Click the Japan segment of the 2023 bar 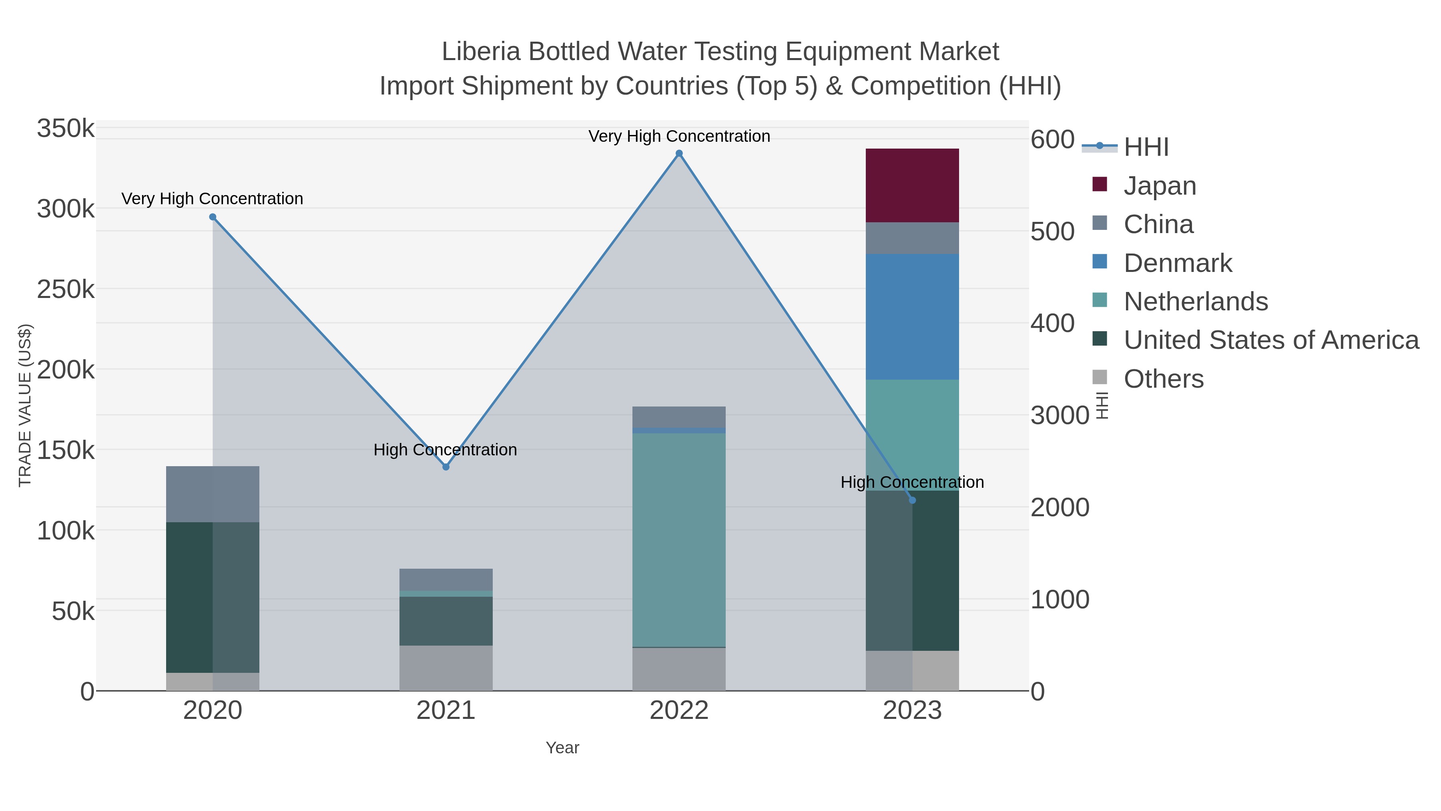(x=912, y=185)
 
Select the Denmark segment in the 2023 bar (x=912, y=317)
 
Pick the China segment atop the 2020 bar (x=213, y=494)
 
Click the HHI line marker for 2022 (x=679, y=153)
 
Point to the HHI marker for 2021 (x=446, y=467)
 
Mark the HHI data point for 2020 (x=213, y=217)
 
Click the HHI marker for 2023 (x=912, y=500)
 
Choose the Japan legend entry (x=1160, y=186)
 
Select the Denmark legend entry (x=1178, y=263)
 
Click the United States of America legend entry (x=1271, y=340)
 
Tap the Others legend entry (x=1164, y=379)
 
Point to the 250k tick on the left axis (x=66, y=290)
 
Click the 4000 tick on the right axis (x=1052, y=324)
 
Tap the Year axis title (x=562, y=748)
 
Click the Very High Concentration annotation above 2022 (x=679, y=136)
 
